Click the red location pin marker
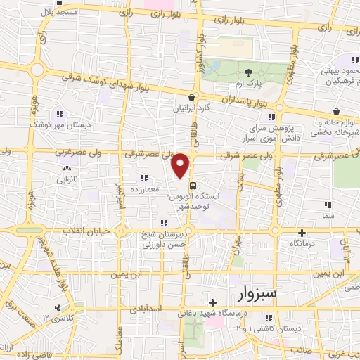pos(181,165)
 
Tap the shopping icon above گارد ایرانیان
pos(191,98)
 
